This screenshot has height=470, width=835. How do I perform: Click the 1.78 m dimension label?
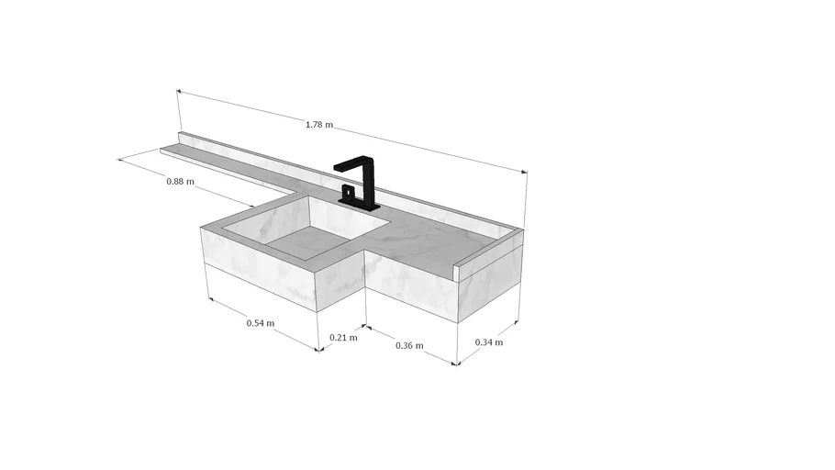pyautogui.click(x=319, y=125)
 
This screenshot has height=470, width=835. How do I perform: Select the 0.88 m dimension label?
pyautogui.click(x=181, y=181)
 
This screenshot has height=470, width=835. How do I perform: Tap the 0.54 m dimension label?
pyautogui.click(x=261, y=323)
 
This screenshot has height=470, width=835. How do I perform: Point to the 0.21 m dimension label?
pyautogui.click(x=343, y=337)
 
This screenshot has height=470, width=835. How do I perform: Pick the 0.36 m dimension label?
pyautogui.click(x=409, y=345)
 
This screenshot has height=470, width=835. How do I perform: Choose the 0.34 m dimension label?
pyautogui.click(x=489, y=342)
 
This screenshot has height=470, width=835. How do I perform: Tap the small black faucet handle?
pyautogui.click(x=347, y=191)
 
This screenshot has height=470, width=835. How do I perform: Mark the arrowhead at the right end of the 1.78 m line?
pyautogui.click(x=524, y=172)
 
